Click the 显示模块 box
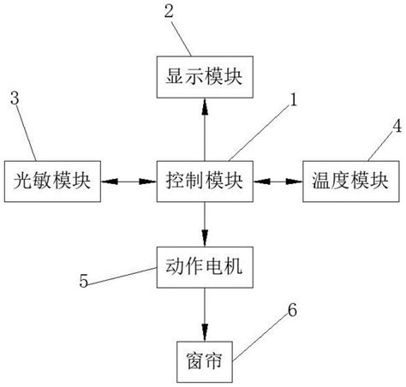pyautogui.click(x=204, y=76)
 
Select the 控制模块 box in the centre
pyautogui.click(x=204, y=181)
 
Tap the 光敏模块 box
pyautogui.click(x=52, y=181)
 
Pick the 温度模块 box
pyautogui.click(x=351, y=181)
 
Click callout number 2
pyautogui.click(x=168, y=12)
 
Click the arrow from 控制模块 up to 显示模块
pyautogui.click(x=204, y=128)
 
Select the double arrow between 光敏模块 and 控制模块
pyautogui.click(x=128, y=181)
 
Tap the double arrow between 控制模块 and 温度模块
pyautogui.click(x=278, y=181)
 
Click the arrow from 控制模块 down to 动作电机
pyautogui.click(x=204, y=224)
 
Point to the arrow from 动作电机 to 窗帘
pyautogui.click(x=204, y=313)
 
